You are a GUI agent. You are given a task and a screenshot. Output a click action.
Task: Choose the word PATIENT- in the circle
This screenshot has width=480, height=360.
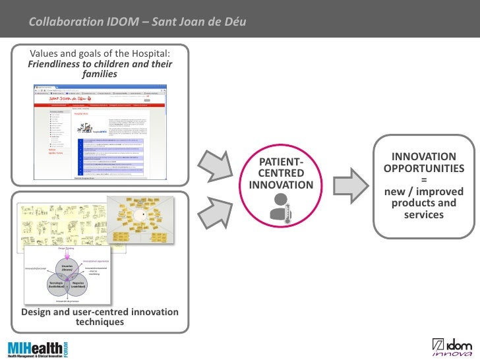point(282,162)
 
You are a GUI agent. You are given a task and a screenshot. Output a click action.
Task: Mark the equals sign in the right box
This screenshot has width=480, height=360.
point(424,180)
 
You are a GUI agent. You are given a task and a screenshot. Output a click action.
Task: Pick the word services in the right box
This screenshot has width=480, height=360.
point(424,216)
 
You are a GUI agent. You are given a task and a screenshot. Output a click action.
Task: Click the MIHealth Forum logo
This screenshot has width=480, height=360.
point(37,348)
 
